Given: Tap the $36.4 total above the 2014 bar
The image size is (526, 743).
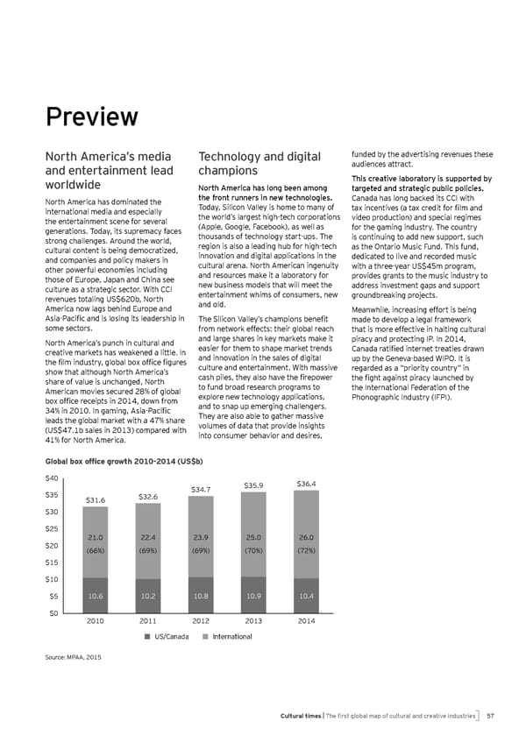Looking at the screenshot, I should point(306,484).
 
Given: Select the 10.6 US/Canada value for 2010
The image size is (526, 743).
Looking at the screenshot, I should point(96,595).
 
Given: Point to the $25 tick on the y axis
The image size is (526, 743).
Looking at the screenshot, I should point(51,528).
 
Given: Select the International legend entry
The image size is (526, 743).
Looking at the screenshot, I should point(227,636).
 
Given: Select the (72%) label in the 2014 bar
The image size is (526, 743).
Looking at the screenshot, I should point(306,552).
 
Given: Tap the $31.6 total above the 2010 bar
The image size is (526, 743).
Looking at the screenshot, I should point(95,500).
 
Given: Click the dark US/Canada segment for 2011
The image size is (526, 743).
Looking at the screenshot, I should point(147,596).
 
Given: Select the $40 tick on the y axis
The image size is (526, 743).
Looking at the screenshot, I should point(51,478).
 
